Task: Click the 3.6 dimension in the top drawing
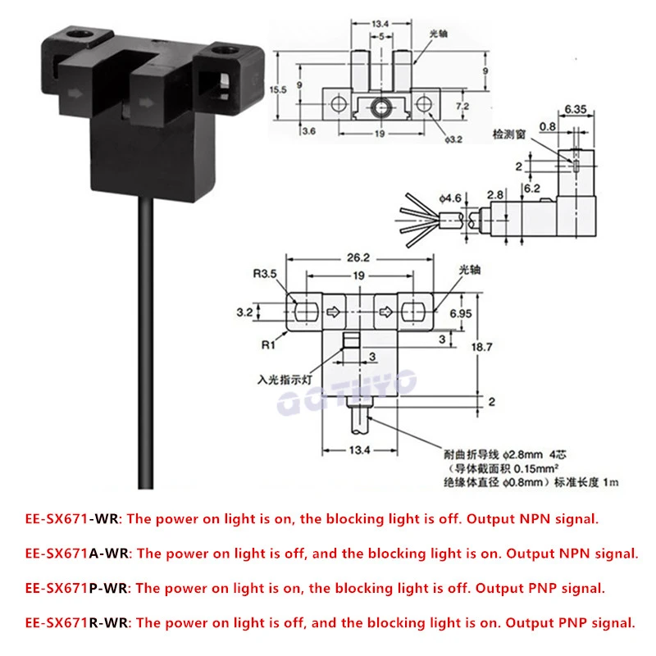coord(311,130)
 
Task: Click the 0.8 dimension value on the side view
coord(549,126)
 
